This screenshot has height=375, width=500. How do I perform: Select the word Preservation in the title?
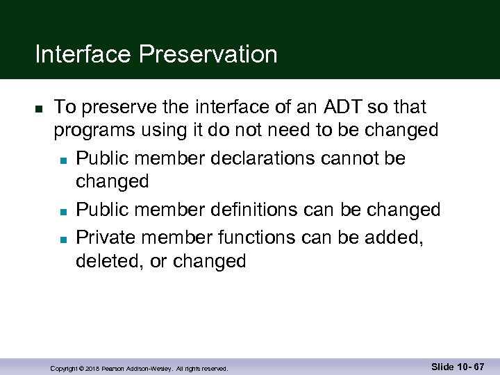(x=208, y=54)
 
